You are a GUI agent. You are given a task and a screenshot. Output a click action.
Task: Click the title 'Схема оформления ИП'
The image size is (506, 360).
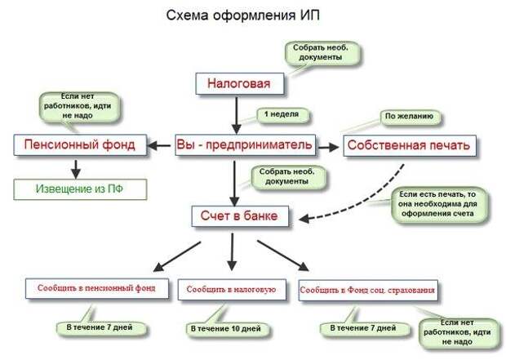point(242,16)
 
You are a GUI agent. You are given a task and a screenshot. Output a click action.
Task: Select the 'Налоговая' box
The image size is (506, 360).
point(240,83)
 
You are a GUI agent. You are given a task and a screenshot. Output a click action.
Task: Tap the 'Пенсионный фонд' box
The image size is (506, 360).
point(80,145)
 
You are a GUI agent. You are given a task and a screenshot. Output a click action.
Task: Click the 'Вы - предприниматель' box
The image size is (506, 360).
point(246,145)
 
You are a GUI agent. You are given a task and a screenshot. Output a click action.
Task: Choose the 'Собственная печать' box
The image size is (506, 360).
point(410,145)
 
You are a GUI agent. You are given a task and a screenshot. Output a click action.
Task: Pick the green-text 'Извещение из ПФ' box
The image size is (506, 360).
point(80,189)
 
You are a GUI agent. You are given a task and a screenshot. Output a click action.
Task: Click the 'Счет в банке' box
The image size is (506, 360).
point(240,216)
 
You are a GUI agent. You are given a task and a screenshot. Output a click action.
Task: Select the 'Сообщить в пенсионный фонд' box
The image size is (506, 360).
point(97,288)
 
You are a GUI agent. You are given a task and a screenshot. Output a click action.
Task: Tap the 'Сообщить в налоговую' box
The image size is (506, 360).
point(232,290)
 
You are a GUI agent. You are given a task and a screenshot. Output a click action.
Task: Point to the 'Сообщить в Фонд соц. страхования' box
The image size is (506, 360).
point(368,291)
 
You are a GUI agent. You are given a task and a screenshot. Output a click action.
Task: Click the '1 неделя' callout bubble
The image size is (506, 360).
point(282,114)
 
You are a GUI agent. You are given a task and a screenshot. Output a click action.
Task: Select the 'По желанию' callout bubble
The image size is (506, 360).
point(410,117)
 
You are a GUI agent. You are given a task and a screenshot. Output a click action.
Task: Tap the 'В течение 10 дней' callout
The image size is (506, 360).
point(227,329)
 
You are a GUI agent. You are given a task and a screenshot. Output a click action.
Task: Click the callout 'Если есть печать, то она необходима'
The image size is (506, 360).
point(438,205)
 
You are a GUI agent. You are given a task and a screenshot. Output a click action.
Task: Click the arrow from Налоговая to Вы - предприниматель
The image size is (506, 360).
point(237,115)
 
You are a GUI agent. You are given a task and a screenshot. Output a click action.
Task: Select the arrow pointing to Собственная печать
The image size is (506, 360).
point(329,147)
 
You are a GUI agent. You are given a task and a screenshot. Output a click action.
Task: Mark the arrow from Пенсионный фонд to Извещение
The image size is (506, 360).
point(76,169)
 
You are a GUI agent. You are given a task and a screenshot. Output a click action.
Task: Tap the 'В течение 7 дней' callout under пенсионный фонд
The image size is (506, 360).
point(100,328)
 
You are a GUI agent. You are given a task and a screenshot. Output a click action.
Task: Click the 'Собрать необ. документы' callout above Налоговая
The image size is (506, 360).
point(322,53)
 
